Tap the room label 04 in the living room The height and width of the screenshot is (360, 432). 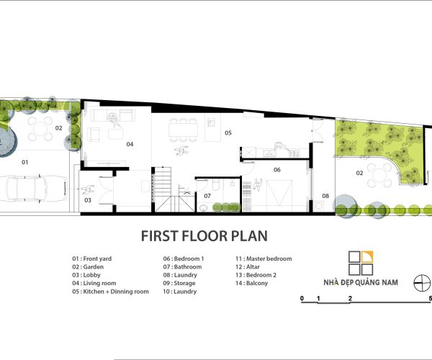pyautogui.click(x=130, y=144)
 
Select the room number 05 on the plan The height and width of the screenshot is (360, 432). pyautogui.click(x=228, y=132)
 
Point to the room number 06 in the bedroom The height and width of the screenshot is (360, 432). pyautogui.click(x=277, y=170)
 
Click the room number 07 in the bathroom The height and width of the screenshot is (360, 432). pyautogui.click(x=207, y=196)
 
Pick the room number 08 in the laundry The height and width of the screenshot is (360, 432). pyautogui.click(x=325, y=196)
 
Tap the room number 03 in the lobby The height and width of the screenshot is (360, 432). pyautogui.click(x=88, y=200)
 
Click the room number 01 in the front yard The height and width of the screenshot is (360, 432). pyautogui.click(x=25, y=162)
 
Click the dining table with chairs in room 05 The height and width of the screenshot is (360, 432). pyautogui.click(x=183, y=130)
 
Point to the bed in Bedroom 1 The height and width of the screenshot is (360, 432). pyautogui.click(x=279, y=193)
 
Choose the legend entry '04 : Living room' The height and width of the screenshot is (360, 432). pyautogui.click(x=94, y=283)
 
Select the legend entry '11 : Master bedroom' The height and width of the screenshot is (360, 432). pyautogui.click(x=264, y=258)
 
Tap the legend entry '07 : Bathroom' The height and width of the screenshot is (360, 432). pyautogui.click(x=182, y=267)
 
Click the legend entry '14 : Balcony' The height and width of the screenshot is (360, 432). pyautogui.click(x=251, y=283)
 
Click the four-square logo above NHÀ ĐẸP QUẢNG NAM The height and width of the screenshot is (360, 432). pyautogui.click(x=361, y=263)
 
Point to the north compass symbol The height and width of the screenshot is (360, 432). pyautogui.click(x=423, y=283)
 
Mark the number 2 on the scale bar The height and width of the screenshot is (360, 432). pyautogui.click(x=350, y=298)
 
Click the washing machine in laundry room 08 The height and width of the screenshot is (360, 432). pyautogui.click(x=319, y=205)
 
